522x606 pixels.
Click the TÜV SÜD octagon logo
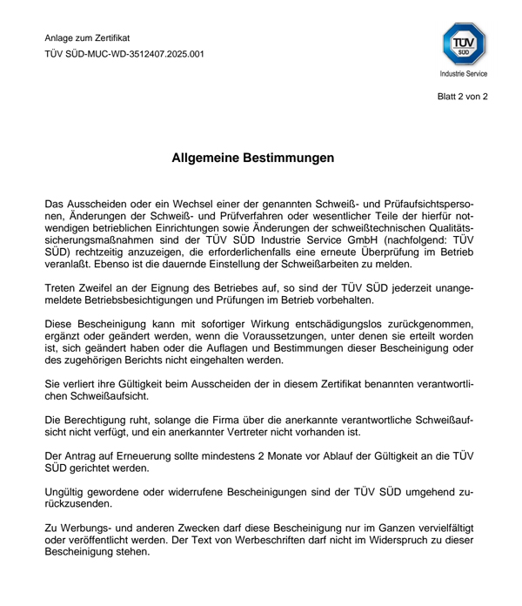465,43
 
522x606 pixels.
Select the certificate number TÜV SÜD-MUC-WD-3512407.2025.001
124,54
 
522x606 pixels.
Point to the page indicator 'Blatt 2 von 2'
462,97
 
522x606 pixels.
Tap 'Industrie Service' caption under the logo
465,77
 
